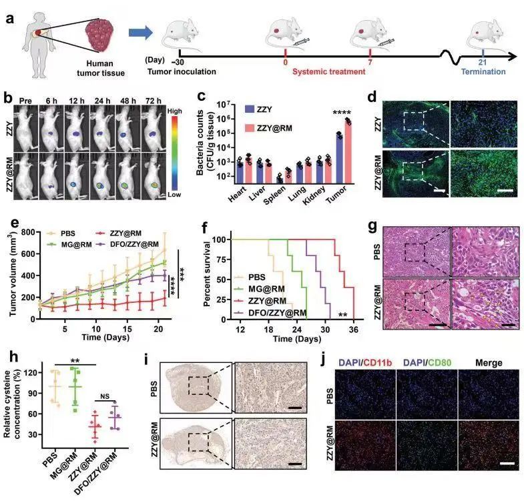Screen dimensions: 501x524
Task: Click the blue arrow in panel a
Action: click(x=141, y=33)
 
